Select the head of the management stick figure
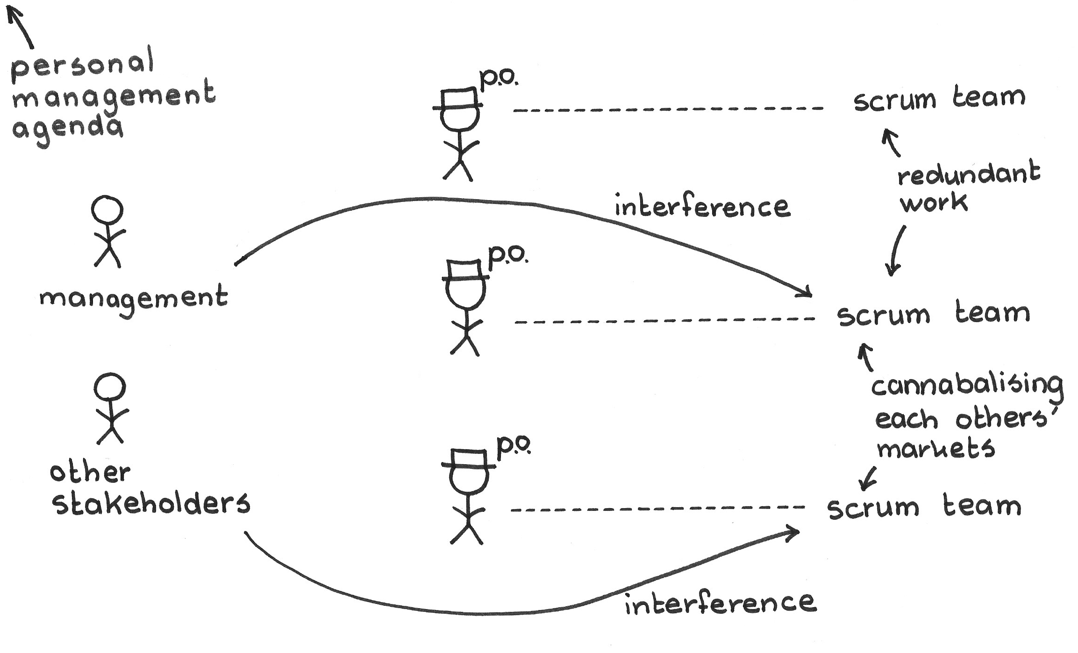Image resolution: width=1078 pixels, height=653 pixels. click(107, 210)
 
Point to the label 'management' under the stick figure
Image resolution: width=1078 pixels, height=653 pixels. click(134, 299)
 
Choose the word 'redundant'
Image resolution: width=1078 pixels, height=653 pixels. click(969, 175)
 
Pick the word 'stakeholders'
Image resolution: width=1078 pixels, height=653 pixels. click(151, 504)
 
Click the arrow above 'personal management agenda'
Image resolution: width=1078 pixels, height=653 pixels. click(21, 27)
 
